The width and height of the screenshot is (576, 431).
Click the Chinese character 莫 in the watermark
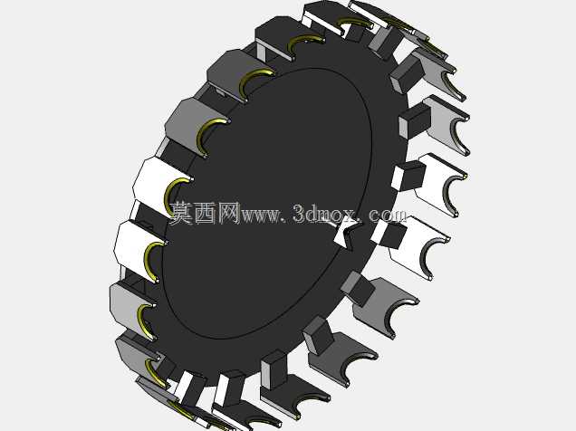click(x=182, y=213)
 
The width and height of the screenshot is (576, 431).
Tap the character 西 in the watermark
click(x=206, y=213)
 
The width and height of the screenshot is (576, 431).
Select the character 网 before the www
click(x=228, y=213)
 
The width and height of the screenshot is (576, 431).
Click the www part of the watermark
click(x=260, y=215)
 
